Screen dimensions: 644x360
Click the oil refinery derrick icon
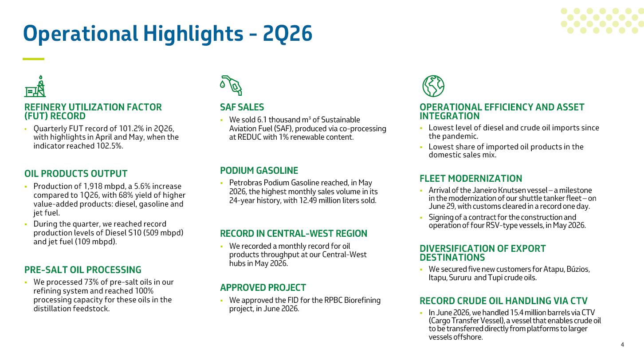[35, 86]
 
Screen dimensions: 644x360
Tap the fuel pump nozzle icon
[231, 85]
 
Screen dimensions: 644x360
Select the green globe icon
[433, 86]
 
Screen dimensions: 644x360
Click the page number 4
[622, 344]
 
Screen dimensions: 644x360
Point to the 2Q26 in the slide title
[287, 34]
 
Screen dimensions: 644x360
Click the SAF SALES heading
[242, 107]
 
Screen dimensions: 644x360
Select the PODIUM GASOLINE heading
[259, 170]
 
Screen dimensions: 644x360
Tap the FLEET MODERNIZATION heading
[471, 178]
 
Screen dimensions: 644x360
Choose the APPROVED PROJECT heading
[263, 287]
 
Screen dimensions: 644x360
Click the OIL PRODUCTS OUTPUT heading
[75, 173]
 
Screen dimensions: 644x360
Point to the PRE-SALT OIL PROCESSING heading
[83, 270]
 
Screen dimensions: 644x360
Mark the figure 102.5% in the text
[110, 146]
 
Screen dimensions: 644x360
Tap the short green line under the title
[33, 59]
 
